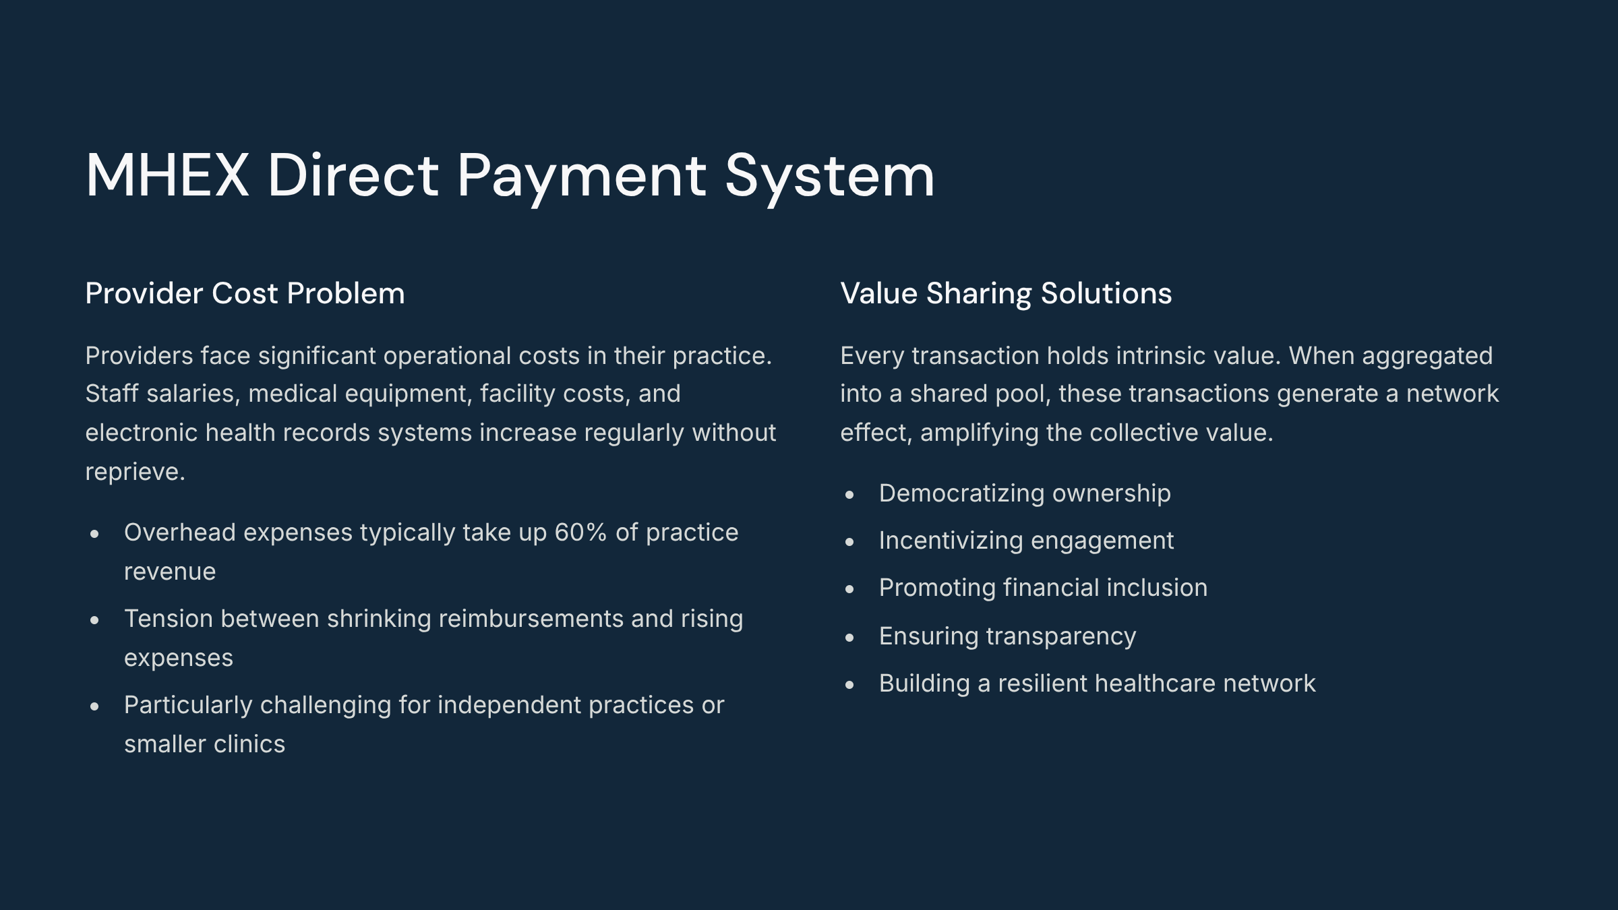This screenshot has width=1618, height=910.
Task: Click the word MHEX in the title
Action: [167, 175]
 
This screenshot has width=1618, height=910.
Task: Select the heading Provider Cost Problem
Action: [245, 293]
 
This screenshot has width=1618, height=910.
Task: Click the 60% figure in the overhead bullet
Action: [580, 533]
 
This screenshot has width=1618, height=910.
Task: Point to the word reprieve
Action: [135, 473]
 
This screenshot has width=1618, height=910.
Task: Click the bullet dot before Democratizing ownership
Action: [849, 495]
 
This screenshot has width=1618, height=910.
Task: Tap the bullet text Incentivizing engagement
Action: [1026, 541]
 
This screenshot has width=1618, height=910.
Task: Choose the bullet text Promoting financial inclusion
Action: [1043, 588]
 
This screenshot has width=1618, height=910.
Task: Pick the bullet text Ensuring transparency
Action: [1007, 636]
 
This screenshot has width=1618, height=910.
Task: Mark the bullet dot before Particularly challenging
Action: [94, 706]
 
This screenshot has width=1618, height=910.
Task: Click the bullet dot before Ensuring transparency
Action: [849, 638]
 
